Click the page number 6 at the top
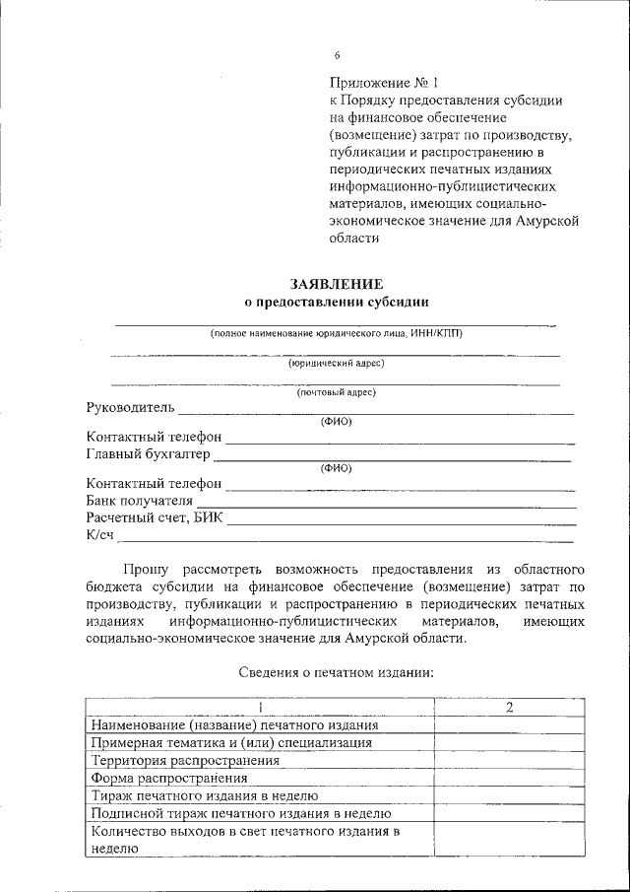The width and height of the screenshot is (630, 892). tap(337, 55)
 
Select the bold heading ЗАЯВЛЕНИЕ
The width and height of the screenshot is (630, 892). tap(337, 283)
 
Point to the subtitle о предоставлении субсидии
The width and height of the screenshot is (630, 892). tap(337, 301)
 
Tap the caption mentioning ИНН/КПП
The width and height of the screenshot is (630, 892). tap(336, 333)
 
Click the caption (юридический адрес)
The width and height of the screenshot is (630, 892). tap(336, 363)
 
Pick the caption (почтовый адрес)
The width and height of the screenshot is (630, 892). tap(336, 392)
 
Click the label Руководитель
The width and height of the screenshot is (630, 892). tap(130, 407)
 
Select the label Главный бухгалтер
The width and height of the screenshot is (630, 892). tap(148, 453)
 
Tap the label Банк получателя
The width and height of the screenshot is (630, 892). tap(139, 500)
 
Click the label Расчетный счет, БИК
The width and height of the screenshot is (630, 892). tap(155, 516)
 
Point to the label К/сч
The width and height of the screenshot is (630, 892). tap(100, 533)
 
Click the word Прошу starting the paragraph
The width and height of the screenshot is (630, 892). tap(145, 570)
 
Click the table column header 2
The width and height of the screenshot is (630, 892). tap(509, 707)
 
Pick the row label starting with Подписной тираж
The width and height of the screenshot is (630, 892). tap(240, 813)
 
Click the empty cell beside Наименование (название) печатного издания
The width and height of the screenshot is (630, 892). tap(509, 724)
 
